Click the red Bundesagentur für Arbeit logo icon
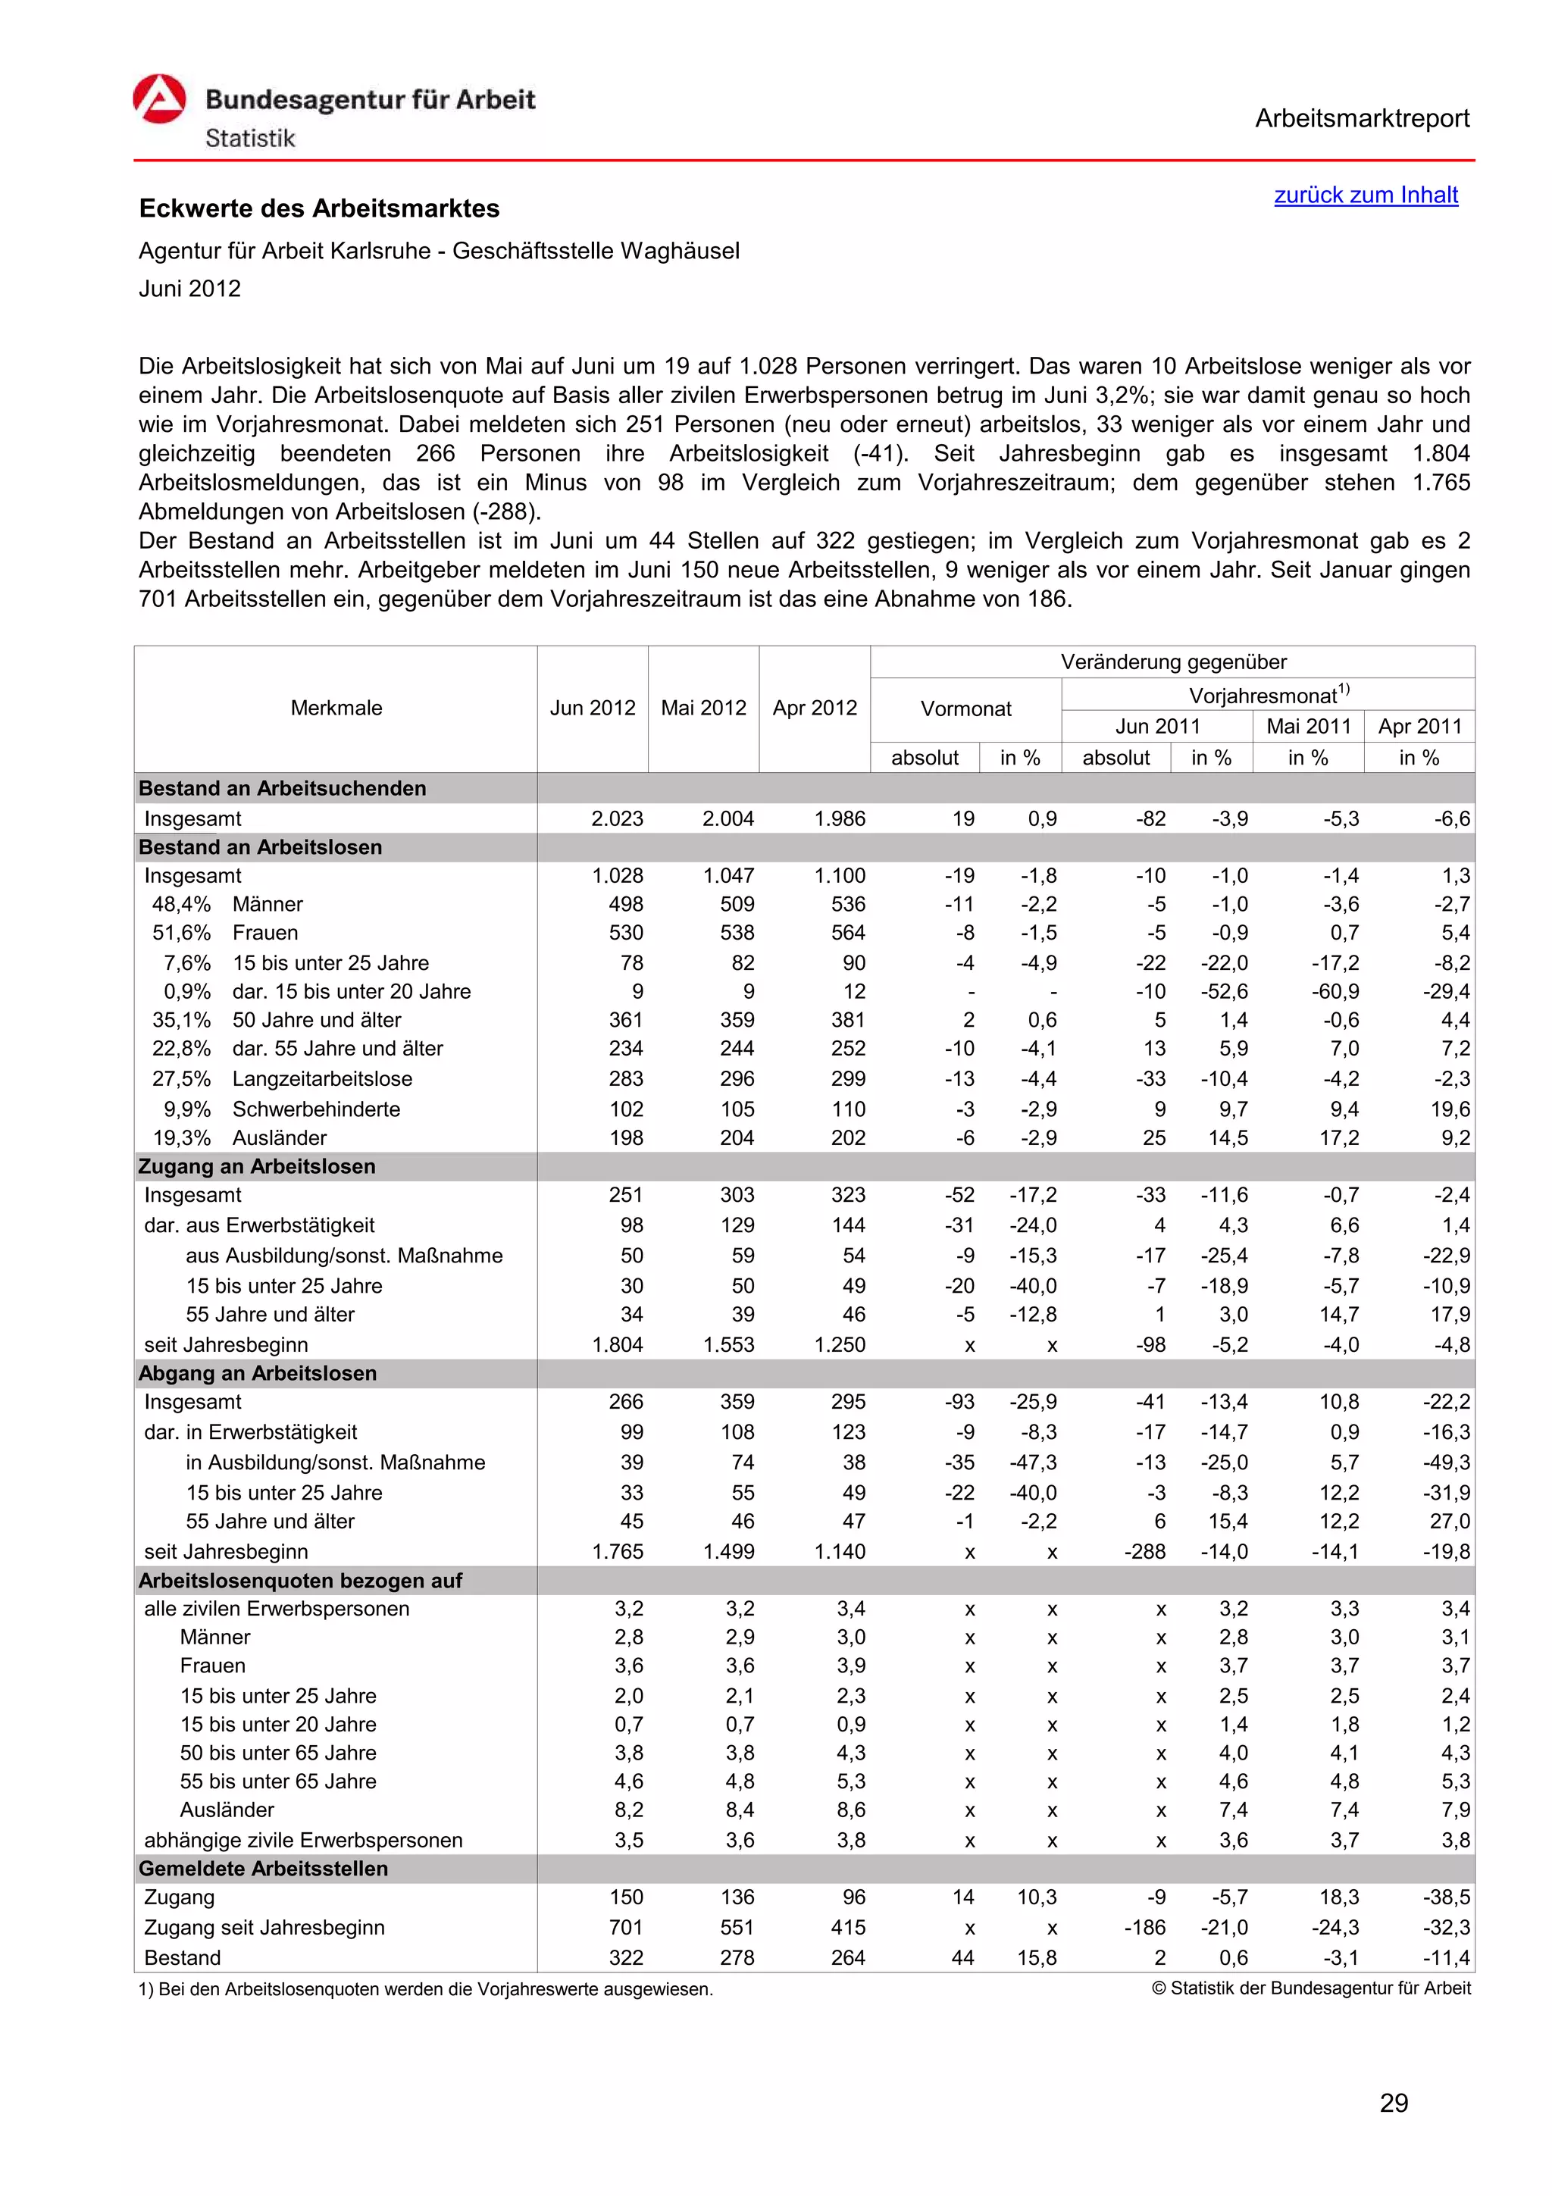coord(158,99)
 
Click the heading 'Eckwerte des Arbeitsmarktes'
coord(319,208)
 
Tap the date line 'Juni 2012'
coord(189,289)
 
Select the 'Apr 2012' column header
coord(814,708)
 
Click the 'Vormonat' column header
coord(965,709)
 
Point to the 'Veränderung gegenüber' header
coord(1172,662)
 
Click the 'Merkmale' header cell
coord(336,708)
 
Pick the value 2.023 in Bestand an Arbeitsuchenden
coord(617,818)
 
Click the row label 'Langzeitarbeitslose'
coord(322,1079)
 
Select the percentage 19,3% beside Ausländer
coord(182,1138)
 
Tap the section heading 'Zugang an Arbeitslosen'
coord(256,1167)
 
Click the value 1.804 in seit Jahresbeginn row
coord(617,1345)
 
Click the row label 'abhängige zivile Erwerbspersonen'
coord(303,1840)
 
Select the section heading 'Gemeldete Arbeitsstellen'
coord(263,1869)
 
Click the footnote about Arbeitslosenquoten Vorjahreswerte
coord(426,1989)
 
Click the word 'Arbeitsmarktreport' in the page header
coord(1362,119)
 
